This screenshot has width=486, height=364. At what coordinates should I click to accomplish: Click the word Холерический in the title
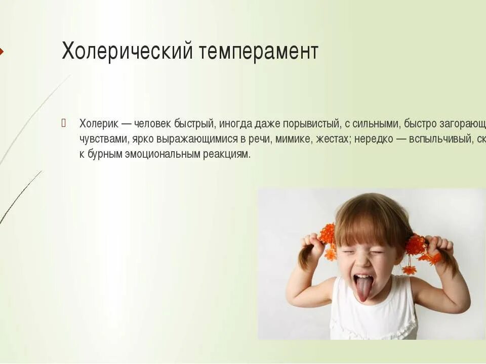click(x=127, y=52)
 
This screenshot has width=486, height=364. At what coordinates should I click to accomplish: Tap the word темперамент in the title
click(x=258, y=52)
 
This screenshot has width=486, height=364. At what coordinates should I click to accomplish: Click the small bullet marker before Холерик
click(x=64, y=122)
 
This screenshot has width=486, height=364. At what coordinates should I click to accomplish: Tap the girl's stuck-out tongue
click(x=363, y=289)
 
